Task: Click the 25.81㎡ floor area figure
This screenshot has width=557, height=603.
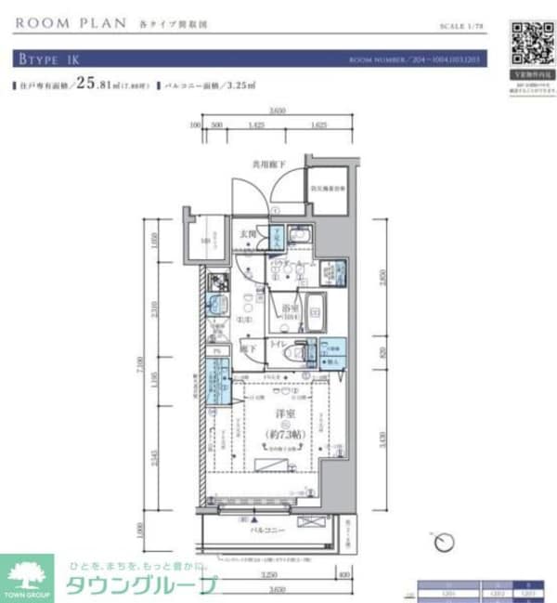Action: click(x=98, y=85)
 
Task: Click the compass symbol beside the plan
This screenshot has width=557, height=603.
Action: click(x=444, y=540)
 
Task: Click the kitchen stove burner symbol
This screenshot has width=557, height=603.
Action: click(x=217, y=282)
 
